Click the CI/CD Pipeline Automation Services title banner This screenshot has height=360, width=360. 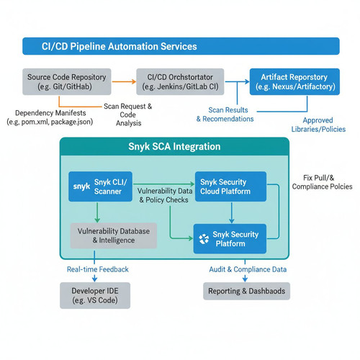(x=181, y=46)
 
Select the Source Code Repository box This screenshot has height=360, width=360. (x=67, y=81)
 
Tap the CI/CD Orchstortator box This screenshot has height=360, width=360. (x=180, y=81)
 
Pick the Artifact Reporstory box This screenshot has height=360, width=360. (x=294, y=81)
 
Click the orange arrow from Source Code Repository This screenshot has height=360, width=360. (x=124, y=81)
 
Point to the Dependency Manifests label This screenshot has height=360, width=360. (x=50, y=117)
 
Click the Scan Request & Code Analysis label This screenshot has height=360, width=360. (x=128, y=114)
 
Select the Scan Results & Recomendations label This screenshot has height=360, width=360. (x=225, y=114)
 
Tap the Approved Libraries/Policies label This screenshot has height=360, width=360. (x=318, y=125)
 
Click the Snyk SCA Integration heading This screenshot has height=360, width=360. (x=174, y=146)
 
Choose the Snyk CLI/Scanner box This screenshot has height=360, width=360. (x=100, y=186)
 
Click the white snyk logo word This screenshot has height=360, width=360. (x=81, y=186)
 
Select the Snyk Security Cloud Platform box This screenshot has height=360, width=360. (x=230, y=186)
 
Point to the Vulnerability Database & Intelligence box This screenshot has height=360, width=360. (x=114, y=235)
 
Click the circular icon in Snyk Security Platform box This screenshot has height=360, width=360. (x=204, y=239)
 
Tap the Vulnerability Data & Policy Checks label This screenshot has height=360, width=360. (x=165, y=195)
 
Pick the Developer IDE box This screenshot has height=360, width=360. (x=95, y=295)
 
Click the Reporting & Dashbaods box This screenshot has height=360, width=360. (x=246, y=291)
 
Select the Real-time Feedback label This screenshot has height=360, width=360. (x=98, y=269)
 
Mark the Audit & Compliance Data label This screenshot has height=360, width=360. (x=248, y=269)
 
